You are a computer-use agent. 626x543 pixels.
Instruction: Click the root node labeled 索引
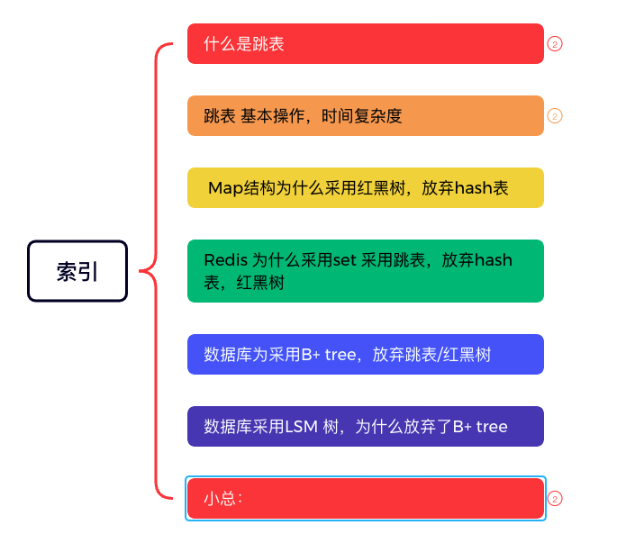77,271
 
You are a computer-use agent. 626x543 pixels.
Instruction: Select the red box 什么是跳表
365,43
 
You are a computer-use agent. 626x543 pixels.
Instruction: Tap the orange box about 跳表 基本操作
365,115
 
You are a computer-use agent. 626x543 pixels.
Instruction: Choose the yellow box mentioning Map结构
365,187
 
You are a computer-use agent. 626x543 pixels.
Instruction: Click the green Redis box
365,271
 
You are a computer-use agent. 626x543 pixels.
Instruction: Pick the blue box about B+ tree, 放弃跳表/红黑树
365,354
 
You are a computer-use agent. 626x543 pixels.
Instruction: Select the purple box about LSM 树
365,426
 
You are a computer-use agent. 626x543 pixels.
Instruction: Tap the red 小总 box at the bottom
365,498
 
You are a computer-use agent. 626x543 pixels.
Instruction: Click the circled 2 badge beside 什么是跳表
555,43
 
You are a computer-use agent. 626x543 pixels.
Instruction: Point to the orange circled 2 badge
555,115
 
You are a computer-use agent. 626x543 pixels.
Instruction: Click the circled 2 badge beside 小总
555,498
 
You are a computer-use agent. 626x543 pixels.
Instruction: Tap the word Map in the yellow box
222,187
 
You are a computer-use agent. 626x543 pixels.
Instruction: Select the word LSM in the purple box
301,426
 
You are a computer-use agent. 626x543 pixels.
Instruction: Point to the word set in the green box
345,260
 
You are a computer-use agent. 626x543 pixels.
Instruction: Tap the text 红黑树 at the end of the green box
261,282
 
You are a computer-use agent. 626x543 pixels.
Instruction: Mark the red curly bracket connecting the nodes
156,270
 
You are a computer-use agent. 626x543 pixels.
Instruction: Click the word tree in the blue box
340,354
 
